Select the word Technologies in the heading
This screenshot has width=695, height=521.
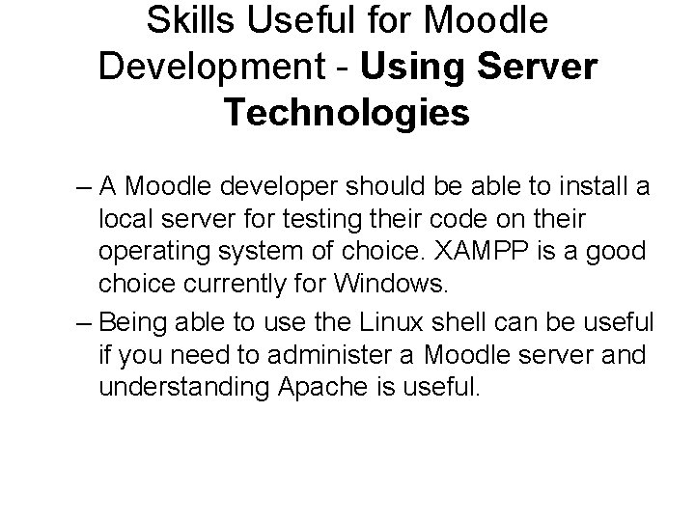click(x=347, y=112)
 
